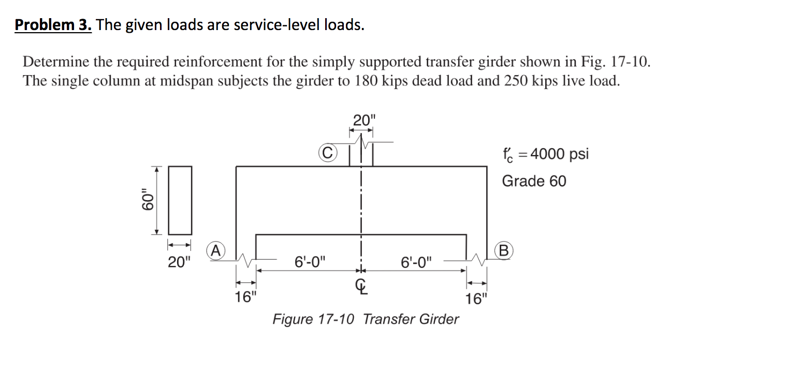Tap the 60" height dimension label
coord(149,201)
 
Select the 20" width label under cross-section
coord(179,262)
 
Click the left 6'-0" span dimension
coord(310,261)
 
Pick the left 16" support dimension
coord(245,298)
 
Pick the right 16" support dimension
coord(476,299)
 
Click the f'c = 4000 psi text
coord(545,154)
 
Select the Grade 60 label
coord(534,181)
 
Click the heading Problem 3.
coord(53,24)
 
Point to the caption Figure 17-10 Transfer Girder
coord(365,319)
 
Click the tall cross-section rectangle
coord(180,201)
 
